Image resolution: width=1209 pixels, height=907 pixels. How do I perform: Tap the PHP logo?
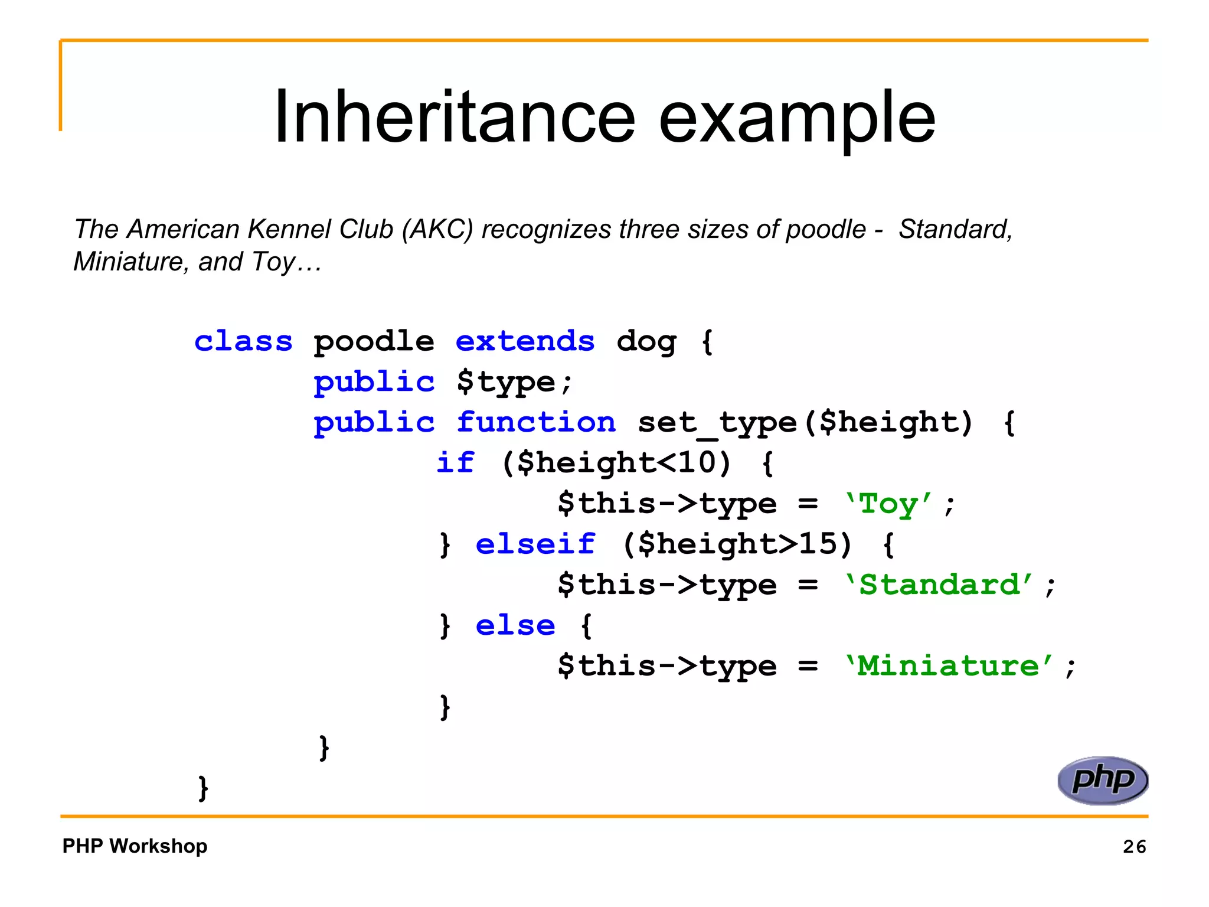coord(1102,780)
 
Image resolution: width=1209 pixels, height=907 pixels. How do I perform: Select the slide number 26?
coord(1134,847)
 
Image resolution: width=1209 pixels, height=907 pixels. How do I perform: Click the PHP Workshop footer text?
coord(135,846)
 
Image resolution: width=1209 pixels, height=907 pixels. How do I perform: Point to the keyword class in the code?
coord(243,341)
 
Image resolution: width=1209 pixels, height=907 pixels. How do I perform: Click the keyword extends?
coord(525,341)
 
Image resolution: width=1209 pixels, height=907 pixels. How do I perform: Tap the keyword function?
coord(535,422)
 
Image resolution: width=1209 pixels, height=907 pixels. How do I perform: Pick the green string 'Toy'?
coord(888,504)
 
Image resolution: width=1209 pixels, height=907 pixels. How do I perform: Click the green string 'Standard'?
coord(939,585)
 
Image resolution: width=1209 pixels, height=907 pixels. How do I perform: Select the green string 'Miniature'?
coord(949,665)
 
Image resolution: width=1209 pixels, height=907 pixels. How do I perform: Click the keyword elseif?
coord(535,544)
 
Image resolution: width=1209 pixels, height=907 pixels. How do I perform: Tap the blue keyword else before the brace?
coord(515,625)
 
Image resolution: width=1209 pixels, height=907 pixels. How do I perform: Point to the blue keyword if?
coord(455,462)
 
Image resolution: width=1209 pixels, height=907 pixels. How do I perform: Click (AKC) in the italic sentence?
coord(437,229)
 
